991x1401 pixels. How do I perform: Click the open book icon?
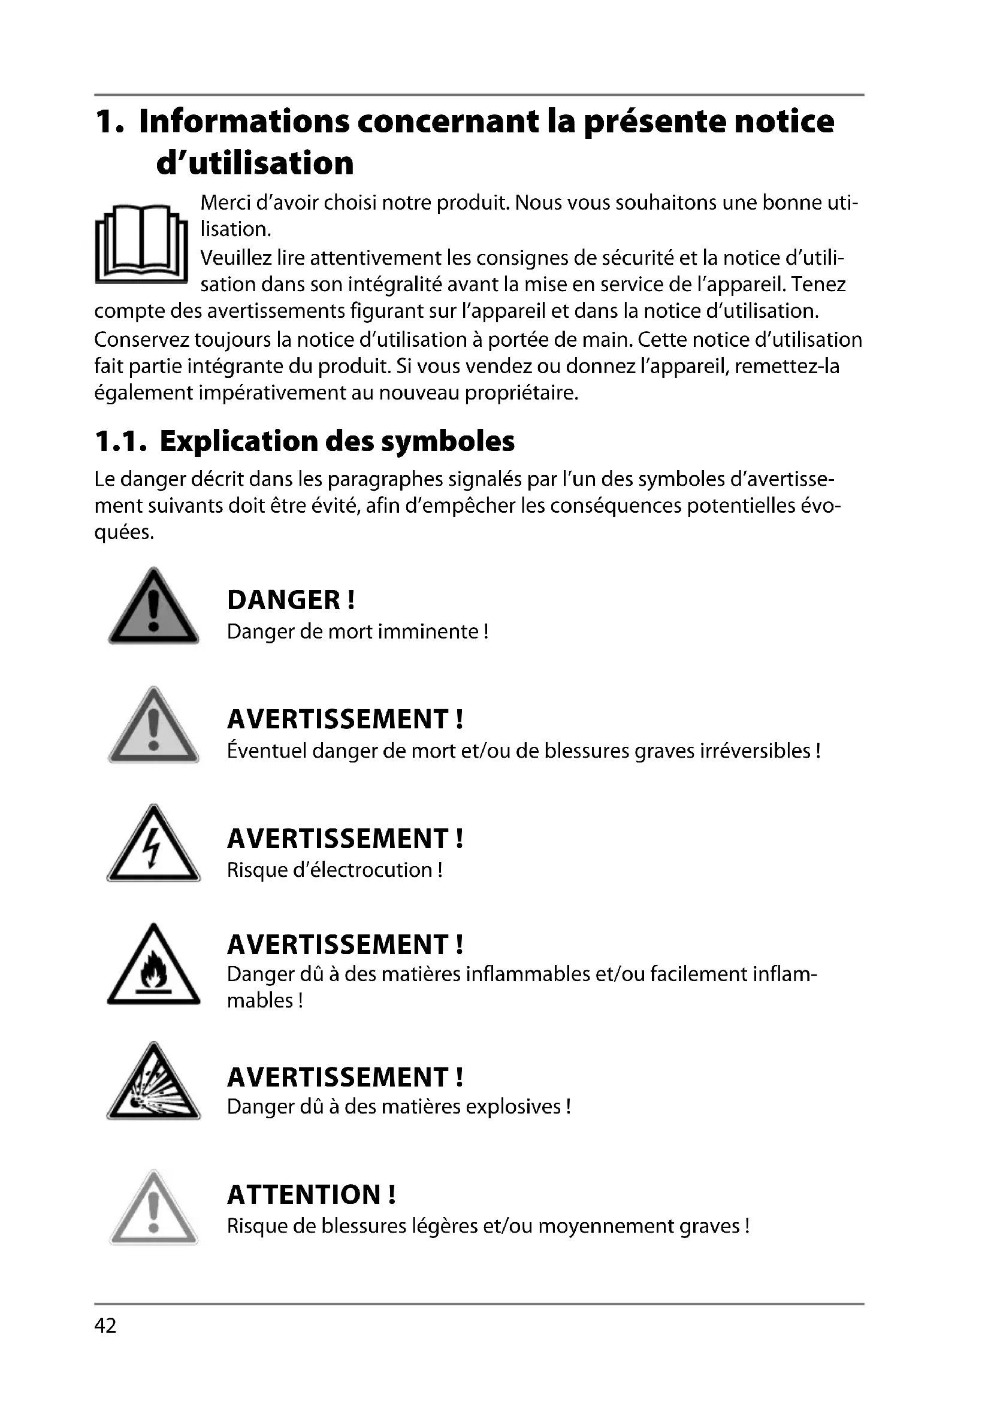tap(141, 243)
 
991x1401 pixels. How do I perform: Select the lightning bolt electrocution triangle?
tap(154, 846)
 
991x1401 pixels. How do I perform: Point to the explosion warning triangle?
tap(154, 1084)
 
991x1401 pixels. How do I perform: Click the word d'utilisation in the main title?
tap(255, 164)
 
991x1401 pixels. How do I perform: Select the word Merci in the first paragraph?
tap(225, 202)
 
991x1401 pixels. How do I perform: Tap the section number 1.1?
tap(120, 442)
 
